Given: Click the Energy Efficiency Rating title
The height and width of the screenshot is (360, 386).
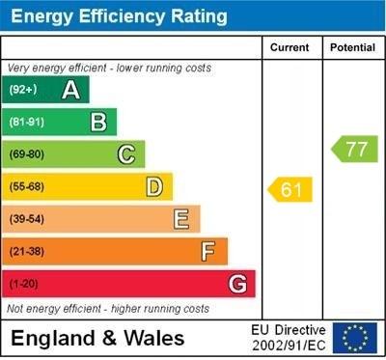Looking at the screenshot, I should [119, 16].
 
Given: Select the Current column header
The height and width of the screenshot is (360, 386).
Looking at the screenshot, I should [289, 47].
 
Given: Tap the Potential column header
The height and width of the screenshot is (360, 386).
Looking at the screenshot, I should [352, 47].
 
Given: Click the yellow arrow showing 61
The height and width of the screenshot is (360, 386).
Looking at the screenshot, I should [291, 190].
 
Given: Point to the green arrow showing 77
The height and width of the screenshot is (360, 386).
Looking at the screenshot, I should [355, 149].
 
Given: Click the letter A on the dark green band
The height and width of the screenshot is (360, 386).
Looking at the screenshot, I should [70, 90].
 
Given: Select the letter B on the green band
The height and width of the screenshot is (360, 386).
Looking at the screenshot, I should [98, 122].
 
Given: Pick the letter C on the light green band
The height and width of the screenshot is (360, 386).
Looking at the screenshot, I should [125, 153].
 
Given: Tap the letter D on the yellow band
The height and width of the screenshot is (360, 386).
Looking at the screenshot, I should [153, 186].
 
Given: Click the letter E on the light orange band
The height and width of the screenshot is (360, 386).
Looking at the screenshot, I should [180, 219].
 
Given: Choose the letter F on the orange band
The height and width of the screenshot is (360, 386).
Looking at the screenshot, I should [207, 252].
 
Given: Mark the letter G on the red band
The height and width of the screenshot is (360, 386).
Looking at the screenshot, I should [236, 284].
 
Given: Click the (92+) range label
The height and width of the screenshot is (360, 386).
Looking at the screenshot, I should [22, 90].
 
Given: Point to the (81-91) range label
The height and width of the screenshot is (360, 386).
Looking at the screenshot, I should [26, 122].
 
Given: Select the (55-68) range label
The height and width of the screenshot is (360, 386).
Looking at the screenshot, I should [26, 186].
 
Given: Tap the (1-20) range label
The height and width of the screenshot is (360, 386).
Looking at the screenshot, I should [23, 285].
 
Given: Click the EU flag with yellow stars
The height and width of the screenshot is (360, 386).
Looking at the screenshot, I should [355, 338].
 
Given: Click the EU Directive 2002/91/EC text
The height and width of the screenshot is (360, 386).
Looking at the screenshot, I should [289, 338].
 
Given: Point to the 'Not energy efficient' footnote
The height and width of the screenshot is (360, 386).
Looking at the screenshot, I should [108, 309].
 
